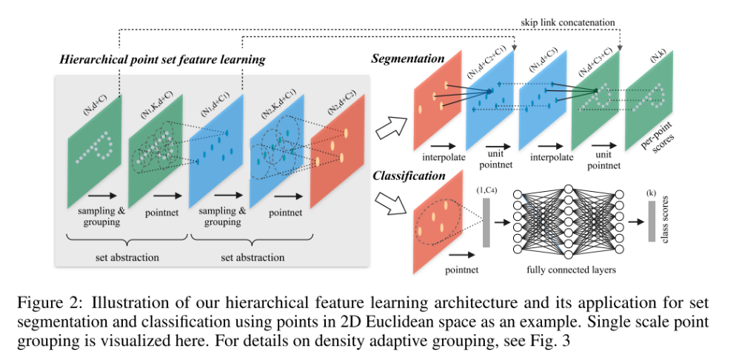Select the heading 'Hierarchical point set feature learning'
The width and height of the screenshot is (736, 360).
coord(162,59)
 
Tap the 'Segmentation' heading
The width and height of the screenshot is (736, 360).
coord(407,58)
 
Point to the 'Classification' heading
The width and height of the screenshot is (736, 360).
coord(409,176)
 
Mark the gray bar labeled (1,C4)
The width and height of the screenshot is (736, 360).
coord(486,221)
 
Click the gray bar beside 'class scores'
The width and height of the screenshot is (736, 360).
coord(652,221)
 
